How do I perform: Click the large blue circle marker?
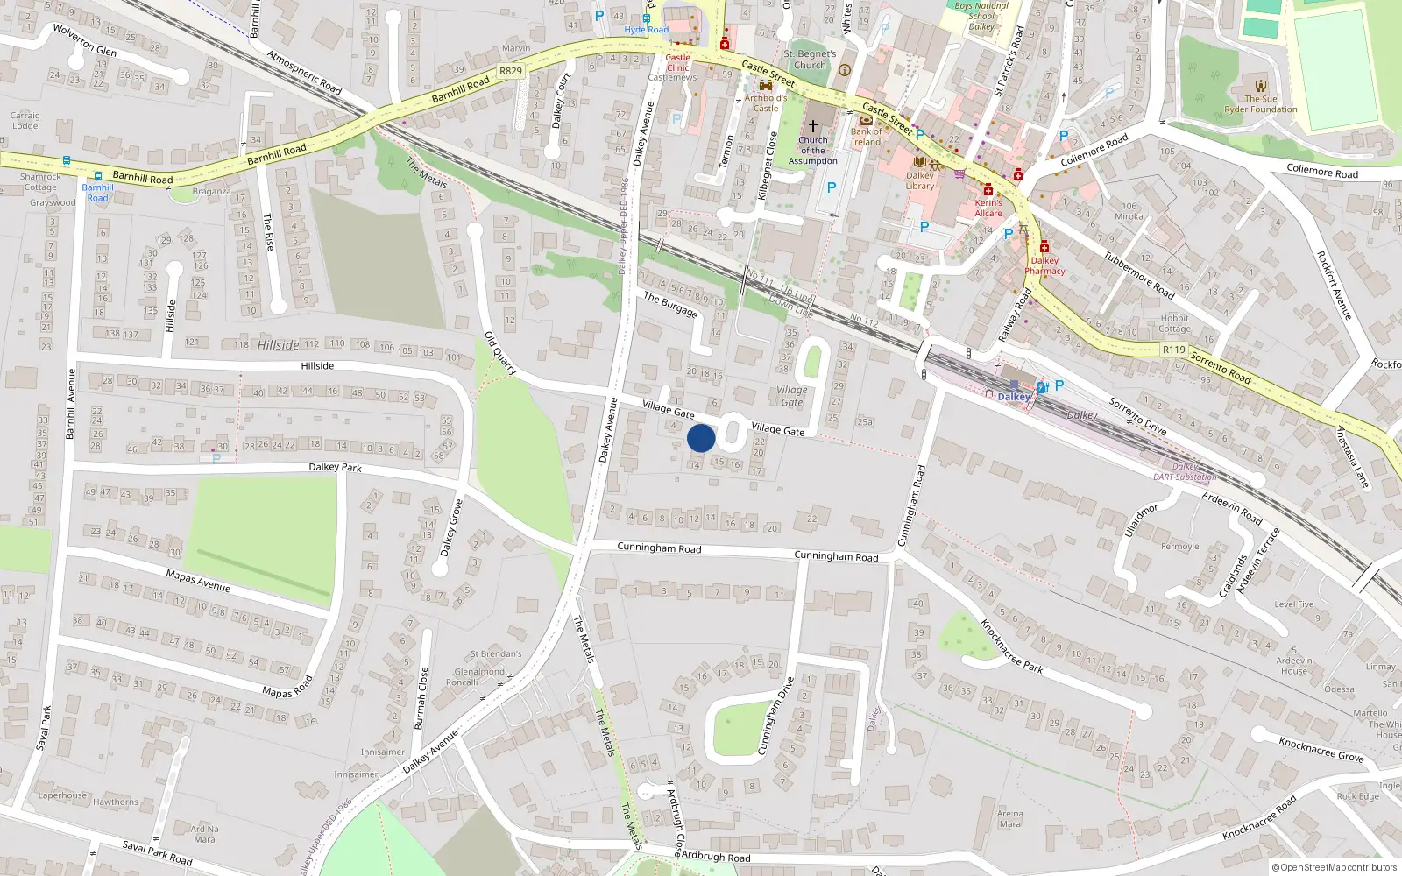pyautogui.click(x=701, y=438)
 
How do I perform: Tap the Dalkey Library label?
pyautogui.click(x=920, y=180)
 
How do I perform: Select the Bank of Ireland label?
pyautogui.click(x=866, y=137)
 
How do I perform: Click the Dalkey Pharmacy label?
pyautogui.click(x=1044, y=265)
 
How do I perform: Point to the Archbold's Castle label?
pyautogui.click(x=765, y=103)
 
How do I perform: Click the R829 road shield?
pyautogui.click(x=510, y=71)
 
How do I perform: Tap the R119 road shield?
pyautogui.click(x=1173, y=350)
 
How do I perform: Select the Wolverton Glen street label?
pyautogui.click(x=84, y=40)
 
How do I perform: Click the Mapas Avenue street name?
pyautogui.click(x=198, y=580)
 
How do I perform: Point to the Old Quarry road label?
pyautogui.click(x=500, y=353)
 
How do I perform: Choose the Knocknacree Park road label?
pyautogui.click(x=1011, y=646)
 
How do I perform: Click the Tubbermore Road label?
pyautogui.click(x=1138, y=275)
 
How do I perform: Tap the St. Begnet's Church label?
pyautogui.click(x=810, y=60)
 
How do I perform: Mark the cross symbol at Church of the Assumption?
pyautogui.click(x=813, y=126)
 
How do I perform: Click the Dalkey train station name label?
pyautogui.click(x=1014, y=397)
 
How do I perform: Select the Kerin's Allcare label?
pyautogui.click(x=988, y=208)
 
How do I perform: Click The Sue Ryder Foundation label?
pyautogui.click(x=1261, y=104)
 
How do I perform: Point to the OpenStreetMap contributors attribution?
pyautogui.click(x=1334, y=867)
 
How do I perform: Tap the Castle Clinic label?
pyautogui.click(x=677, y=62)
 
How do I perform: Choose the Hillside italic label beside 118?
pyautogui.click(x=278, y=345)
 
